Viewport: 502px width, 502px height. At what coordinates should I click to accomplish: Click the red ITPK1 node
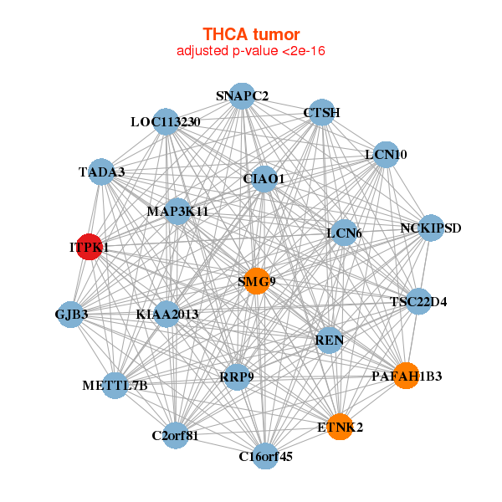[89, 248]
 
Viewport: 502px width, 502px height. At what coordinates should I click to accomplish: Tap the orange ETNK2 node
[340, 427]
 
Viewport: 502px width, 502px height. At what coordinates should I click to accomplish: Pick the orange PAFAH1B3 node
[406, 376]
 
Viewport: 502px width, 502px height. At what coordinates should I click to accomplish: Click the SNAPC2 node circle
[241, 96]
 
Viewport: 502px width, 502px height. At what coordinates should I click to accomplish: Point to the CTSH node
[321, 112]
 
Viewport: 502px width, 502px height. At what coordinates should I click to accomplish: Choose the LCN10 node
[386, 155]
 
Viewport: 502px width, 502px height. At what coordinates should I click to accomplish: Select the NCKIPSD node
[430, 228]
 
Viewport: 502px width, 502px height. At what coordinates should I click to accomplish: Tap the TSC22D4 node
[418, 301]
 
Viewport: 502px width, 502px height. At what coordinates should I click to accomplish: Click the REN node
[330, 340]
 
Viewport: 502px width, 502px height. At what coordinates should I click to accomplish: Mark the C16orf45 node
[265, 456]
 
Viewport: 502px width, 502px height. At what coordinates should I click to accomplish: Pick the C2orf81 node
[175, 435]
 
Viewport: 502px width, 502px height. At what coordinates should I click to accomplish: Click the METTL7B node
[115, 386]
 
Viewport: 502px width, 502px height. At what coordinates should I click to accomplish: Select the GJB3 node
[72, 315]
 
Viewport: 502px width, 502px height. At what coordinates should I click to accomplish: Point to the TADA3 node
[101, 172]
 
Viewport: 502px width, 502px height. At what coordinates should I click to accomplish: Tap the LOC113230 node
[166, 122]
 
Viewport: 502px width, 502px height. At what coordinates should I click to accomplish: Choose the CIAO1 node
[264, 178]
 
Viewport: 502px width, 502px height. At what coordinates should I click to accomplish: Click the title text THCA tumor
[251, 34]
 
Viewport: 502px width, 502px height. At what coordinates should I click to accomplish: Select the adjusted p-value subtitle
[251, 51]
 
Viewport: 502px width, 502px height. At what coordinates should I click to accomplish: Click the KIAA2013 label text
[166, 315]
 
